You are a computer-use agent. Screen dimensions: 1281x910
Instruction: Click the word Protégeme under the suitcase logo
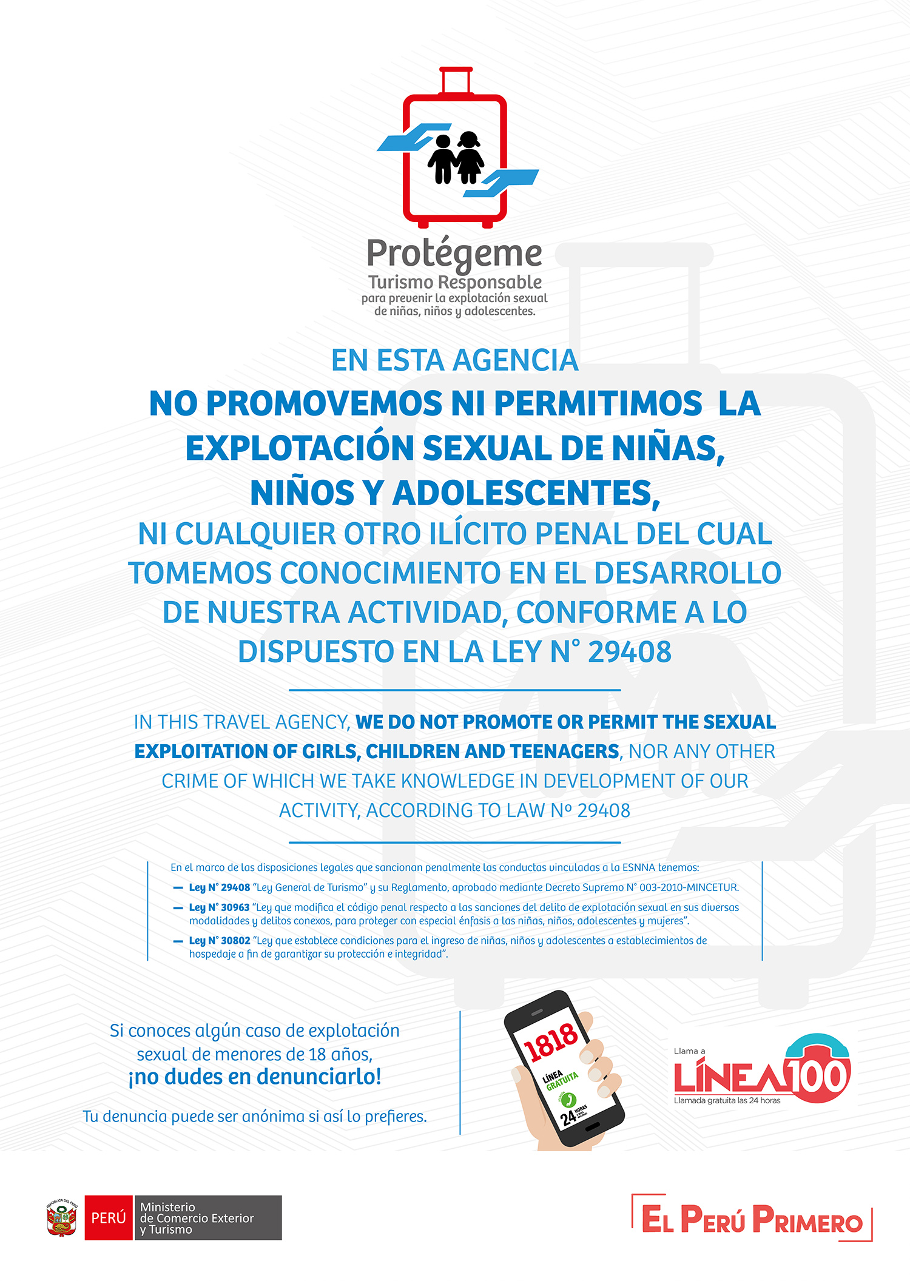454,254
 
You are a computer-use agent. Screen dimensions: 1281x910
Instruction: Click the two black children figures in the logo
456,158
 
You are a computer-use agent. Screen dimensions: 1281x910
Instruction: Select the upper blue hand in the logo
413,138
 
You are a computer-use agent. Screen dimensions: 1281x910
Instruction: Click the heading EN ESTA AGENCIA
454,360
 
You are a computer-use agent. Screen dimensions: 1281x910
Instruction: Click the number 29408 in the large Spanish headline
629,653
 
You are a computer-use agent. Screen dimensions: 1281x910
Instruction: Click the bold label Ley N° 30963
219,907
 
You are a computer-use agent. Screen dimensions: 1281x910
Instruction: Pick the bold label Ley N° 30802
219,941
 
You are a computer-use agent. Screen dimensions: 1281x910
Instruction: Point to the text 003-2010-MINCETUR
689,887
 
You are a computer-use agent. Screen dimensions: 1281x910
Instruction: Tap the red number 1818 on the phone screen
550,1041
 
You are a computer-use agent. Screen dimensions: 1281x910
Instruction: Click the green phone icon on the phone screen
568,1099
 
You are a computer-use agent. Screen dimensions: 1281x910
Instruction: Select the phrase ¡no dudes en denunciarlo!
255,1077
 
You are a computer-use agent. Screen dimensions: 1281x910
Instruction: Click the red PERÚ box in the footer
109,1217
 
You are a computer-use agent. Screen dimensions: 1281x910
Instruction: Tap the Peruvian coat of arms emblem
62,1217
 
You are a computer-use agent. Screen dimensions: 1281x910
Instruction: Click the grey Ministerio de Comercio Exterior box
207,1217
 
